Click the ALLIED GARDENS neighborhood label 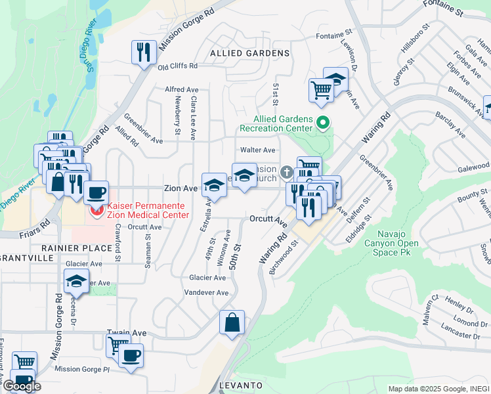(249, 53)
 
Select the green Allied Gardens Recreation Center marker (322, 122)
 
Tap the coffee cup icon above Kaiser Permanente (96, 192)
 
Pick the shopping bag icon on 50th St (232, 322)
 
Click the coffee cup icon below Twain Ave (131, 356)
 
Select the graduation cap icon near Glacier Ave (77, 282)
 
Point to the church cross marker (286, 173)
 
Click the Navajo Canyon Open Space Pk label (397, 244)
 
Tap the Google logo (22, 386)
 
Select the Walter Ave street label (257, 150)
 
